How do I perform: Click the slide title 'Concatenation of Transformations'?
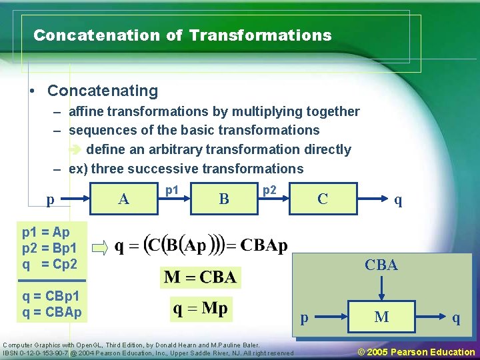pyautogui.click(x=182, y=35)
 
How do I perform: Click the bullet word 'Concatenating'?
pyautogui.click(x=103, y=91)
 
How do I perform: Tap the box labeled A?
pyautogui.click(x=123, y=199)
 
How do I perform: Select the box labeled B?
pyautogui.click(x=224, y=199)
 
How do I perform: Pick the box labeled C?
pyautogui.click(x=323, y=199)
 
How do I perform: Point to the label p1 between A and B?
pyautogui.click(x=172, y=190)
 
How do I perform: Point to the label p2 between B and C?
pyautogui.click(x=269, y=190)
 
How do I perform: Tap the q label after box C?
pyautogui.click(x=398, y=199)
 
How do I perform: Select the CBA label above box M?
pyautogui.click(x=381, y=265)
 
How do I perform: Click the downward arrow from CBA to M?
pyautogui.click(x=381, y=288)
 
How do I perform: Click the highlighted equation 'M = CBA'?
pyautogui.click(x=200, y=277)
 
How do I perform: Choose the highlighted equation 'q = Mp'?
pyautogui.click(x=201, y=308)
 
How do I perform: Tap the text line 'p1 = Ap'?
pyautogui.click(x=45, y=233)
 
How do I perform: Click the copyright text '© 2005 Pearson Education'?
pyautogui.click(x=417, y=352)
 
